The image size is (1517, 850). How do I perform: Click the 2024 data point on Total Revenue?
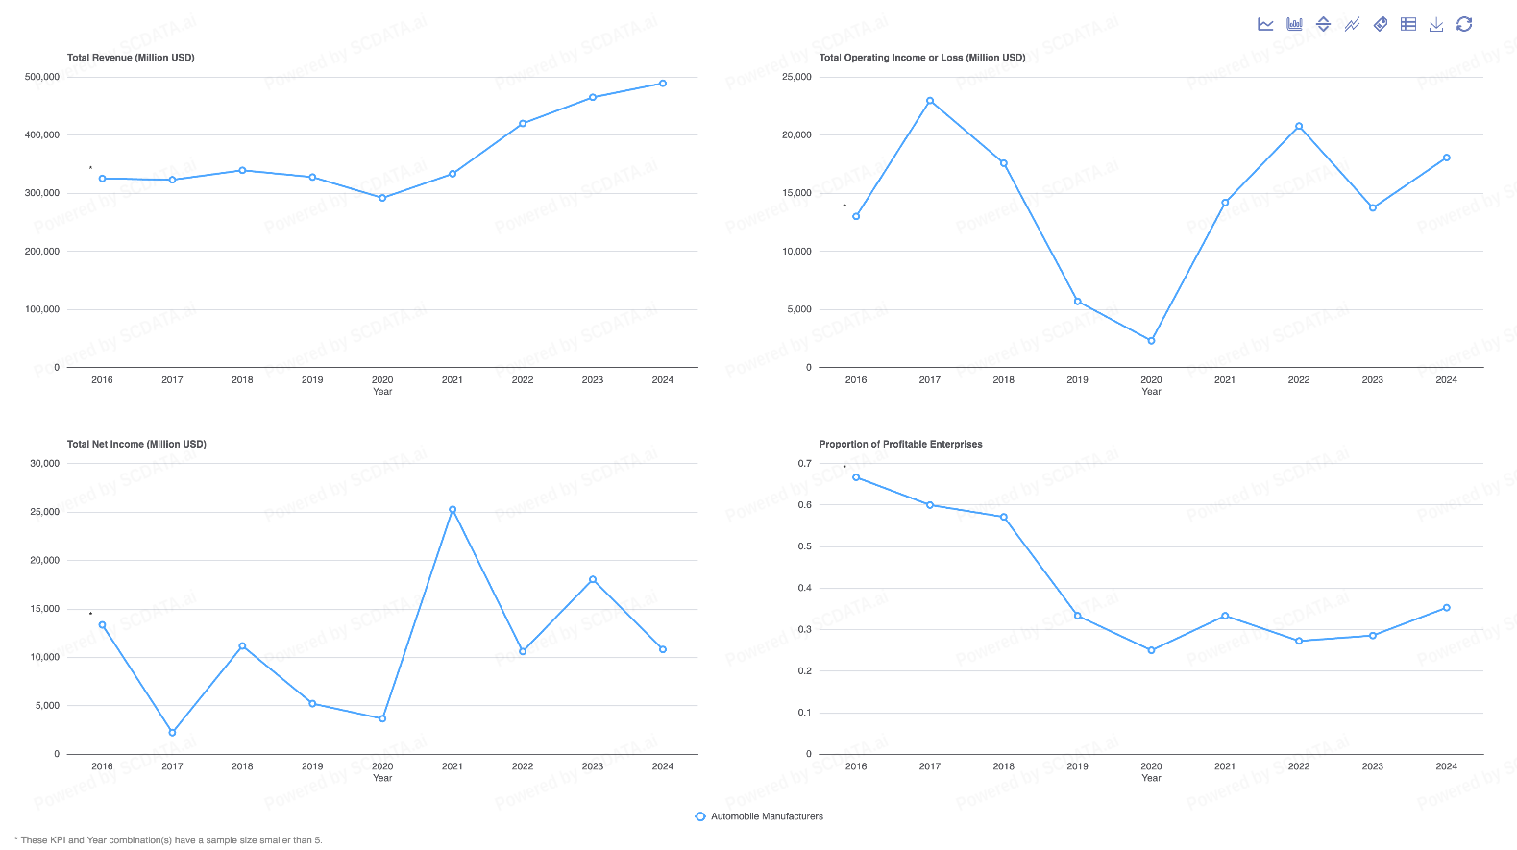tap(663, 84)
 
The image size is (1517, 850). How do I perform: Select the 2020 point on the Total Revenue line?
tap(382, 198)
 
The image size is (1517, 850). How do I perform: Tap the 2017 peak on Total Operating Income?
tap(930, 101)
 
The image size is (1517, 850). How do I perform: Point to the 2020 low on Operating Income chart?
tap(1151, 341)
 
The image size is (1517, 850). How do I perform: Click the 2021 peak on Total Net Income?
tap(453, 510)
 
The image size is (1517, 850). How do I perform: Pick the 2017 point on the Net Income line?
tap(172, 733)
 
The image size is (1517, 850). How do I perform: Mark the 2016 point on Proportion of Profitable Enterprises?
tap(856, 477)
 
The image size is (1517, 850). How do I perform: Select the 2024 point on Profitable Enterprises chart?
tap(1446, 608)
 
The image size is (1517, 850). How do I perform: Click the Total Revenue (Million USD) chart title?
tap(131, 58)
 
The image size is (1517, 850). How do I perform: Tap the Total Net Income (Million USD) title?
tap(136, 445)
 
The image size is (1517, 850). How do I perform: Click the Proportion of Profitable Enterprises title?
tap(900, 445)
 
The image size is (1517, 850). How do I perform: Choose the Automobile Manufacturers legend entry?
tap(759, 816)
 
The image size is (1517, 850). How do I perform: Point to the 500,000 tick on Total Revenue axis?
tap(42, 77)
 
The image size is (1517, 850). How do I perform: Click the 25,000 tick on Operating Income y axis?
tap(796, 77)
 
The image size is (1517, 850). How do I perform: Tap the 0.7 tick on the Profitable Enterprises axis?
tap(804, 463)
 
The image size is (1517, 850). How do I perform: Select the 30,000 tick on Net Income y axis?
tap(44, 463)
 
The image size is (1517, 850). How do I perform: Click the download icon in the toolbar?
tap(1436, 25)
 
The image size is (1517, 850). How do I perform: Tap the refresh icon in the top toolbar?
tap(1464, 25)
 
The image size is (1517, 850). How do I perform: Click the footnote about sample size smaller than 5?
tap(169, 840)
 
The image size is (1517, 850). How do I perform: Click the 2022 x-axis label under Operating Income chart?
tap(1299, 380)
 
